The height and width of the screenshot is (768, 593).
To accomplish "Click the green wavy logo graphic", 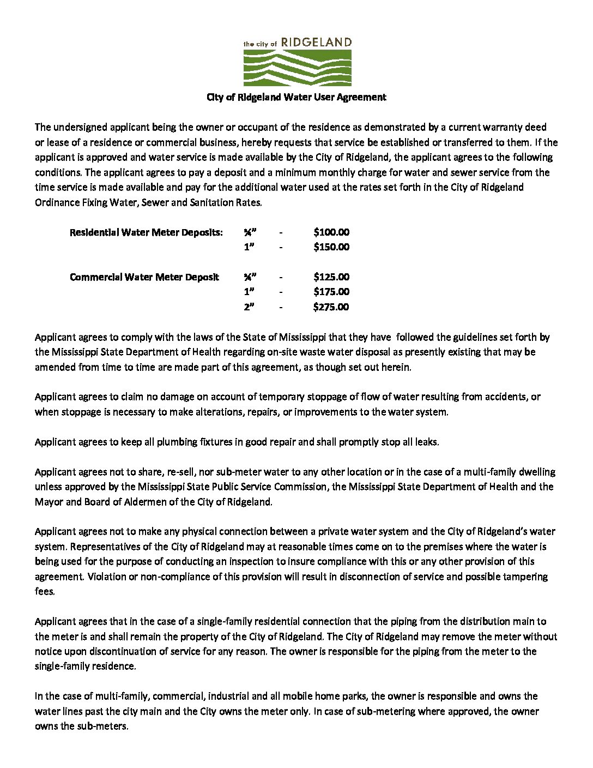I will [x=297, y=68].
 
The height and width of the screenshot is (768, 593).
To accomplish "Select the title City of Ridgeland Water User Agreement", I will [x=296, y=97].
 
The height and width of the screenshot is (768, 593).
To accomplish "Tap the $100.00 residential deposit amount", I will [x=331, y=232].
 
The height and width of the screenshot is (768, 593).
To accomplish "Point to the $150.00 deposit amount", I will [x=331, y=247].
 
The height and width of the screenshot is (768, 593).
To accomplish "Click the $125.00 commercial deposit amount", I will [x=331, y=277].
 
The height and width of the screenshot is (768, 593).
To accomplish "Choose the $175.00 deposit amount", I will [x=331, y=291].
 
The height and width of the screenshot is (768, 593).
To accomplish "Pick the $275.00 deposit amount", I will [x=331, y=307].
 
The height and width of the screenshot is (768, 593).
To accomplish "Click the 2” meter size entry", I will [x=249, y=307].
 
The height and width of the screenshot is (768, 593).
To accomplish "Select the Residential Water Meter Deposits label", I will [x=146, y=232].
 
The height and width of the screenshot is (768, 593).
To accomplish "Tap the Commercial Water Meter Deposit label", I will [x=144, y=277].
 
